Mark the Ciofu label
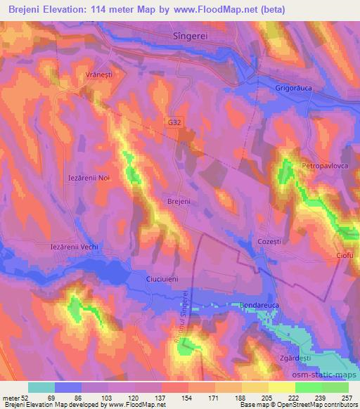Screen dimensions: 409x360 point(343,255)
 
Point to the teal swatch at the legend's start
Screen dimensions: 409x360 point(41,387)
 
